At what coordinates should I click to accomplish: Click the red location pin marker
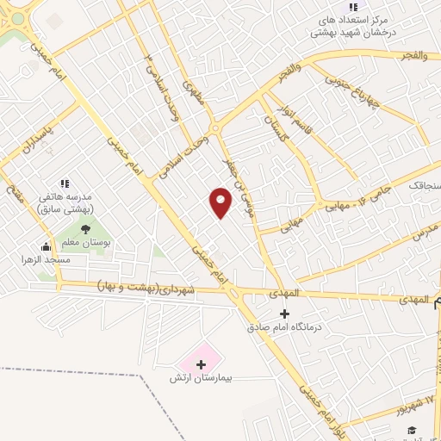pos(220,202)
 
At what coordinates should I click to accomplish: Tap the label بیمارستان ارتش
pos(202,378)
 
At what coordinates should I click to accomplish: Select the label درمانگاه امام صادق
pos(283,327)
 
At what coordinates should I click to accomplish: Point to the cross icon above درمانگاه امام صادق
pos(284,314)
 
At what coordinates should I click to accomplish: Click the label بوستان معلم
pos(85,243)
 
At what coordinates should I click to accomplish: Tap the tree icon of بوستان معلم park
pos(85,228)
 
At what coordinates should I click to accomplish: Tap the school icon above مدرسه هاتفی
pos(65,183)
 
